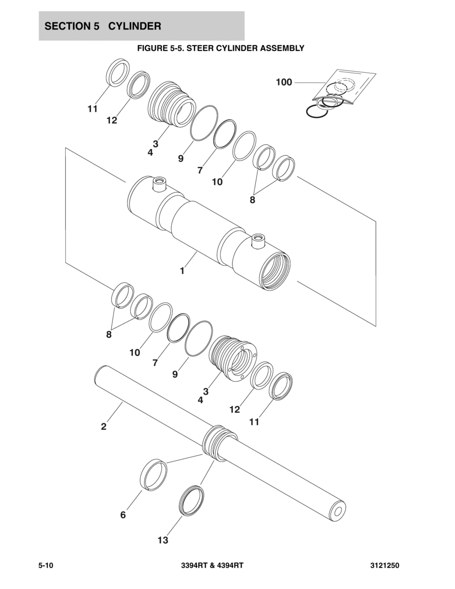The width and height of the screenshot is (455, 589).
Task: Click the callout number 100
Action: pos(284,82)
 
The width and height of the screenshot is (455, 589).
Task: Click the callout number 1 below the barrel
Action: pos(182,271)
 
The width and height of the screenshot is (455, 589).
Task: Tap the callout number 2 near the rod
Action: pos(104,427)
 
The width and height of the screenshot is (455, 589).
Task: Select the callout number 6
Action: pos(123,515)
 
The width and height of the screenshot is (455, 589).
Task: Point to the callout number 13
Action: pos(163,540)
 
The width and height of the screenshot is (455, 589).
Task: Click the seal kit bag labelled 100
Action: pos(343,88)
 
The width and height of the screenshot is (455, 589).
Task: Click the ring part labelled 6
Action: pos(154,473)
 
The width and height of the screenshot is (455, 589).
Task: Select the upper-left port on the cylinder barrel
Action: pos(158,185)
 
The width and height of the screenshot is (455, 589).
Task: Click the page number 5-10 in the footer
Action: pos(47,566)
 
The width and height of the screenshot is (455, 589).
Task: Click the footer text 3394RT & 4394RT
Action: pos(213,566)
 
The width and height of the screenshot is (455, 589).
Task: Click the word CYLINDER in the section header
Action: pos(138,26)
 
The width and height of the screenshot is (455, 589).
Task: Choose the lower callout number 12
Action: pos(234,410)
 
